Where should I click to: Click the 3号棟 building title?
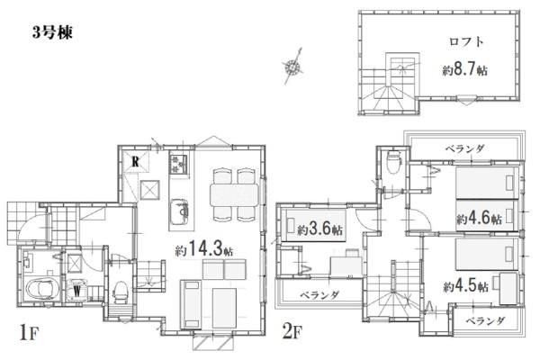(x=52, y=32)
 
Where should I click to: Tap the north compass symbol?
(x=292, y=66)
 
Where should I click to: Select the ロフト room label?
(x=466, y=41)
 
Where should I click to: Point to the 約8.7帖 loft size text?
(x=464, y=70)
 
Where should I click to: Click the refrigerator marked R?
(x=136, y=161)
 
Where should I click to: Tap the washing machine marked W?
(x=76, y=290)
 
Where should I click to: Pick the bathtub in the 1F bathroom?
(x=42, y=291)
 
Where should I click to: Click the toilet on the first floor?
(x=121, y=292)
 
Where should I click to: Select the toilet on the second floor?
(x=393, y=162)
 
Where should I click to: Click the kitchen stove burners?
(x=179, y=164)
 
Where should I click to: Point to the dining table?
(x=234, y=195)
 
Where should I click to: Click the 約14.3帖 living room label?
(x=204, y=248)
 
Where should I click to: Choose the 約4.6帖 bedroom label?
(x=479, y=218)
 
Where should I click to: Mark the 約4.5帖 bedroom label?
(x=465, y=285)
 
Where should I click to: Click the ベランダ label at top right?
(x=465, y=148)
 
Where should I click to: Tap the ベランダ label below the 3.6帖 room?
(x=319, y=294)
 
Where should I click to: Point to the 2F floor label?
(x=292, y=332)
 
